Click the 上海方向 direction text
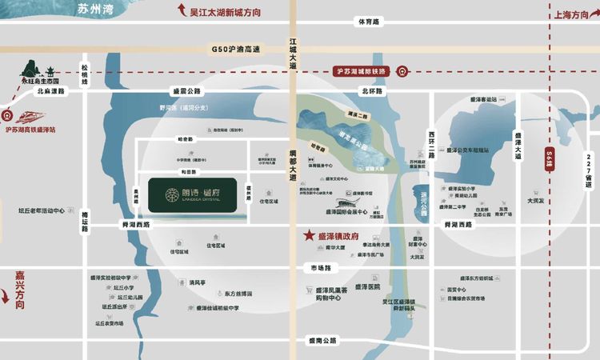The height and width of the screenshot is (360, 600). pos(572,13)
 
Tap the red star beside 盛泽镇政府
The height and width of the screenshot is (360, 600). pos(308,237)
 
